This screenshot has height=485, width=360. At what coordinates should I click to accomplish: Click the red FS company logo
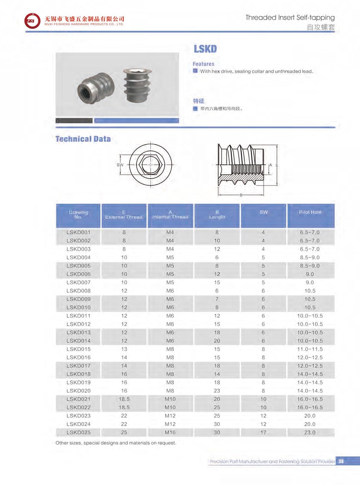[x=32, y=21]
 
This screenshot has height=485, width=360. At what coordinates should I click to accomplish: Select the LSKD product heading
[x=205, y=49]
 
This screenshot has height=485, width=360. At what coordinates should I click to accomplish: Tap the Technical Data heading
[x=83, y=139]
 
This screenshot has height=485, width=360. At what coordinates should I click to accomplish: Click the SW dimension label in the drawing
[x=120, y=165]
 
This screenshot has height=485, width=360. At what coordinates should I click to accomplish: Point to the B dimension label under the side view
[x=241, y=195]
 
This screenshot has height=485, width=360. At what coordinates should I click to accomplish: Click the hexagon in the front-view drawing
[x=150, y=165]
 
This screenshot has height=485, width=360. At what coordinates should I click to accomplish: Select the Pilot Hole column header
[x=310, y=212]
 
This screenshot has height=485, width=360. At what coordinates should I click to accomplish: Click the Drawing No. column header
[x=78, y=214]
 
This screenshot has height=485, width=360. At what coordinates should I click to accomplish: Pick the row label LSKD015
[x=78, y=349]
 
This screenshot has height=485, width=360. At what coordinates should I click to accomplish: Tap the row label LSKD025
[x=78, y=432]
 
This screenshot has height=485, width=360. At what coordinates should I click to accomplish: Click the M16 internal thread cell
[x=170, y=432]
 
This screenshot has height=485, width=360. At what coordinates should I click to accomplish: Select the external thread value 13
[x=124, y=349]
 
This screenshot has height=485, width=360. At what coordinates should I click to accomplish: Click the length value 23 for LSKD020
[x=217, y=391]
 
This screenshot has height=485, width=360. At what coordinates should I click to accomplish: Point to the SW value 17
[x=263, y=432]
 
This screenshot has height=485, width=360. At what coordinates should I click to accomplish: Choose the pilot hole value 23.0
[x=310, y=432]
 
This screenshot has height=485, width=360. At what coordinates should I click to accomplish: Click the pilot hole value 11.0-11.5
[x=310, y=349]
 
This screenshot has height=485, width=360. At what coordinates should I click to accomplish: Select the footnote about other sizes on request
[x=116, y=443]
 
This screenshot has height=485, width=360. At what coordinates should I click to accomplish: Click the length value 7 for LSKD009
[x=217, y=299]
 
